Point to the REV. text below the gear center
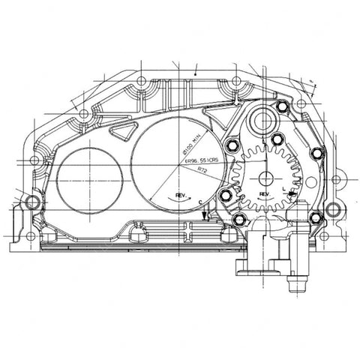tap(264, 194)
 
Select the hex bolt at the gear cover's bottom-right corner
tap(313, 219)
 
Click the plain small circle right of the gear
tap(298, 179)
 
